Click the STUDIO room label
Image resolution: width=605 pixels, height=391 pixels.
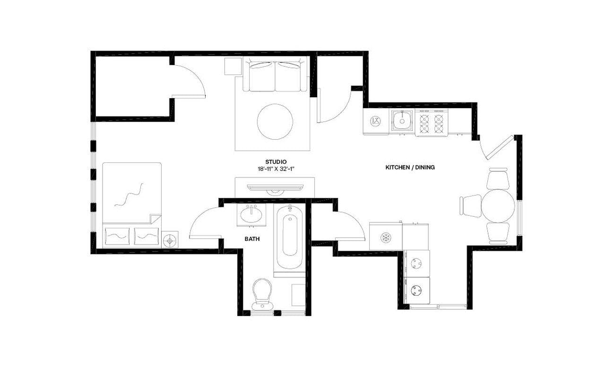[276, 161]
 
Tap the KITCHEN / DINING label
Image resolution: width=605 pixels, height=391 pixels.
[410, 167]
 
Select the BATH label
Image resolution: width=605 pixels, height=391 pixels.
[252, 239]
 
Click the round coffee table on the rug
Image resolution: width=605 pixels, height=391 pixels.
[275, 121]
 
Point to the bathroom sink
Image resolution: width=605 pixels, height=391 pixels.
[251, 215]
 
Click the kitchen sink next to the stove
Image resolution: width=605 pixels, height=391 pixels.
[402, 121]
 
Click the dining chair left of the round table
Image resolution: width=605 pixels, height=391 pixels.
[470, 205]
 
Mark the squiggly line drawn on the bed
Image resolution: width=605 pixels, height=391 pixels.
[128, 195]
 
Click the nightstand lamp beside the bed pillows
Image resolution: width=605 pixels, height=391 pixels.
[170, 240]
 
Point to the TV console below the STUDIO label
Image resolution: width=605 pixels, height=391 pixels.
[275, 186]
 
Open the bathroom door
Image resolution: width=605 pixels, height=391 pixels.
[205, 224]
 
